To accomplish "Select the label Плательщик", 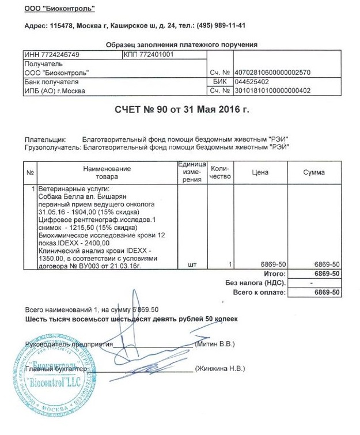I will [x=45, y=140].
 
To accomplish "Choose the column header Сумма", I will [x=314, y=172].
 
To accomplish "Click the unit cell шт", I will [x=192, y=264].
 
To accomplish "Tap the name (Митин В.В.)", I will [x=216, y=344].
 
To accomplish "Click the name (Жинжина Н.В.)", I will [x=220, y=368].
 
